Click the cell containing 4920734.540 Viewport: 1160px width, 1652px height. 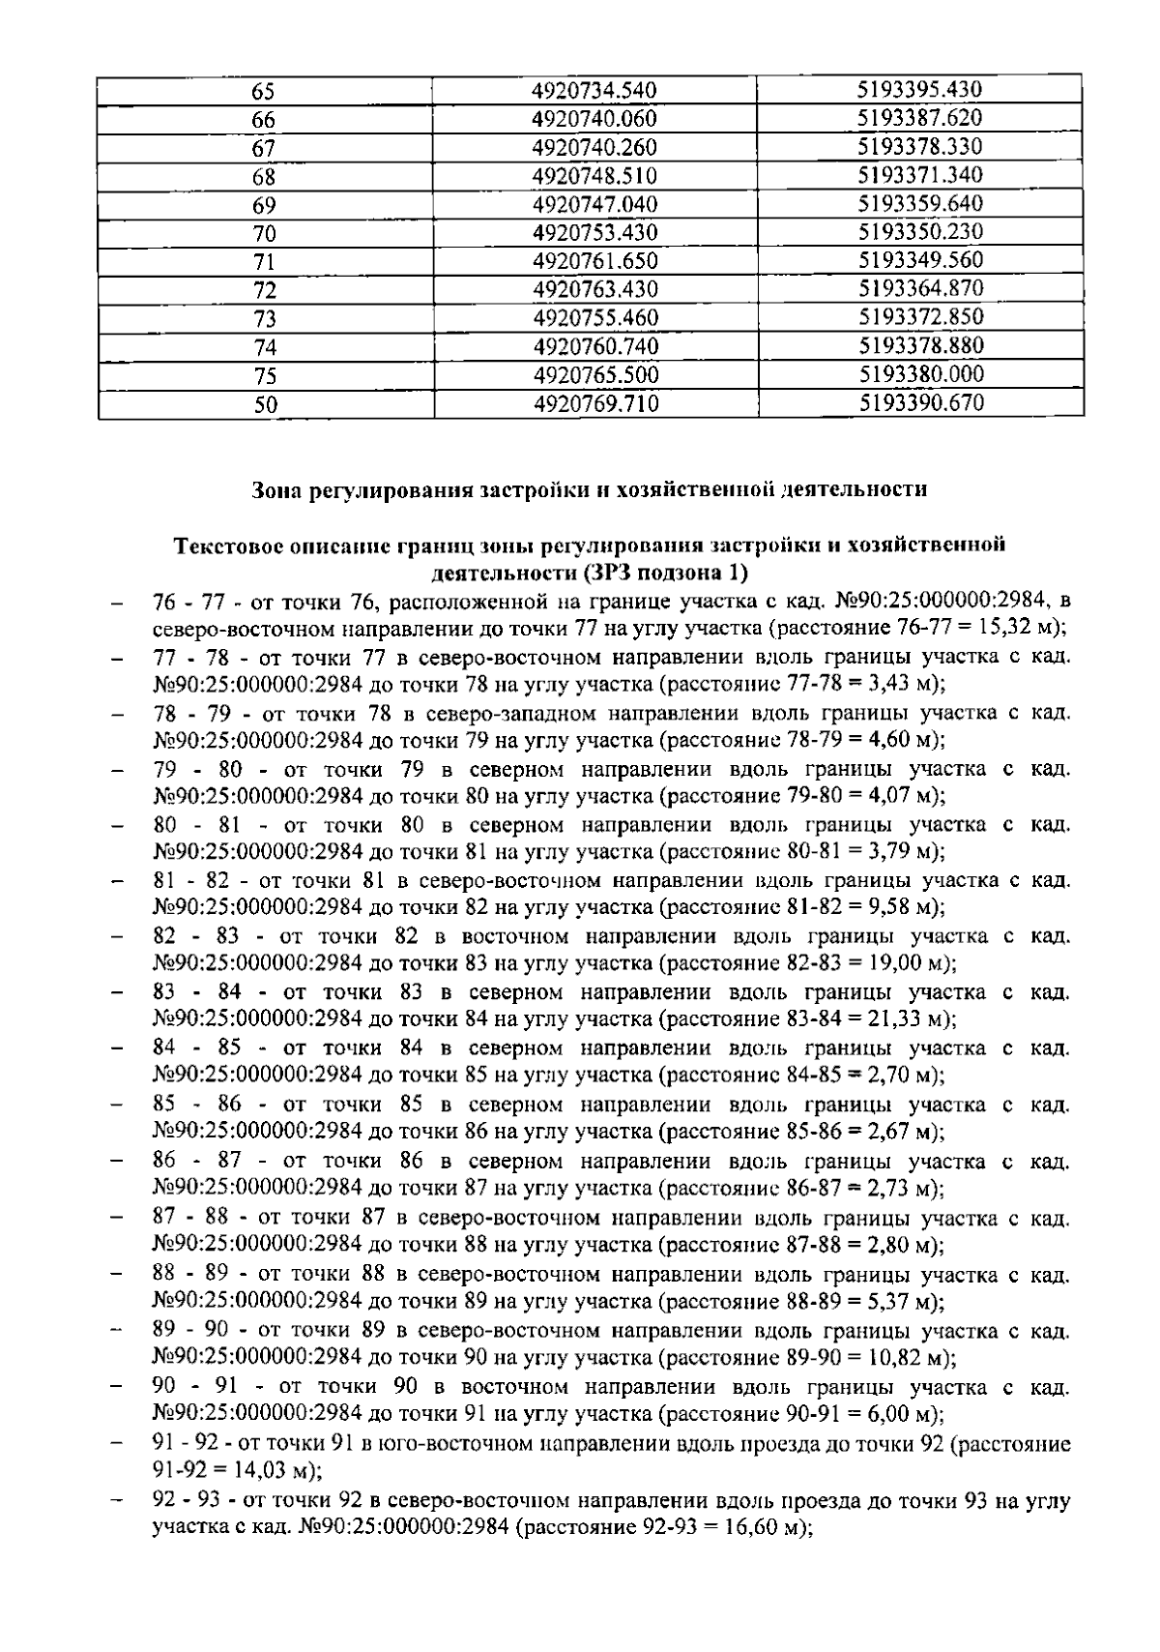pyautogui.click(x=594, y=91)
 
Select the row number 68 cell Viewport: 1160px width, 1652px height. pyautogui.click(x=264, y=177)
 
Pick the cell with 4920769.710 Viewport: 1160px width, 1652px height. pyautogui.click(x=595, y=404)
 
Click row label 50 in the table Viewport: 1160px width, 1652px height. pyautogui.click(x=265, y=405)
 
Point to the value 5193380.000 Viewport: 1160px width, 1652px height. pyautogui.click(x=920, y=375)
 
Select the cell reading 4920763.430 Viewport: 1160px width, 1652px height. pyautogui.click(x=594, y=289)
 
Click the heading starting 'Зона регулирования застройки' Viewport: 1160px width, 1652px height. pyautogui.click(x=589, y=489)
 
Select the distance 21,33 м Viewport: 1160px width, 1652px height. pyautogui.click(x=907, y=1019)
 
